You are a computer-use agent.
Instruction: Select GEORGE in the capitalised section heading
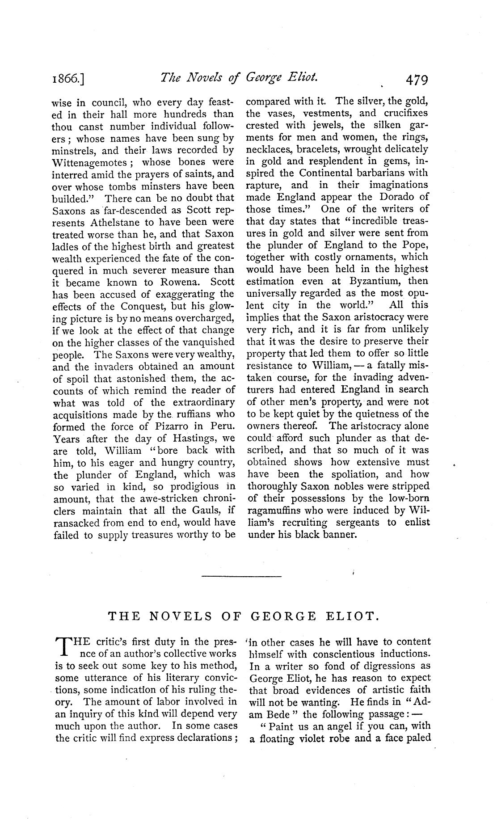click(x=282, y=617)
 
